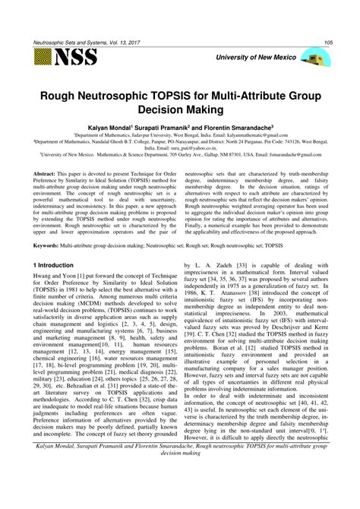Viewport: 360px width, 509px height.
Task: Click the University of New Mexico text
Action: tap(254, 58)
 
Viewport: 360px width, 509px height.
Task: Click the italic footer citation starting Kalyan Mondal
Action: tap(181, 491)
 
